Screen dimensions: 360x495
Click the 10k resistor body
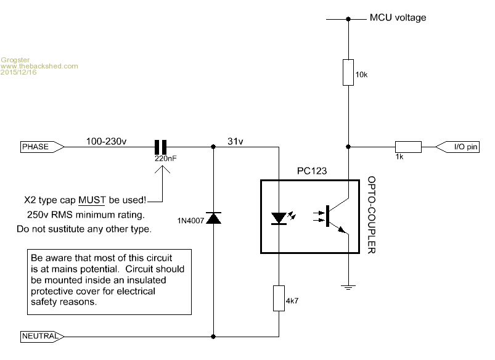click(x=348, y=72)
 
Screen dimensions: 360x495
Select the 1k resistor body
click(x=408, y=147)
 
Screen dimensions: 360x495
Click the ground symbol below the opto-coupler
click(x=348, y=286)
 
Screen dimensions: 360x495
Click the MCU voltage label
click(x=397, y=18)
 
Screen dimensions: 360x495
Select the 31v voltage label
click(x=235, y=141)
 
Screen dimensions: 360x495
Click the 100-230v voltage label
click(x=107, y=141)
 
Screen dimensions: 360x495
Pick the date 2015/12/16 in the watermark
click(x=19, y=72)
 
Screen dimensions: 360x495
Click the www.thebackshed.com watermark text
click(x=39, y=65)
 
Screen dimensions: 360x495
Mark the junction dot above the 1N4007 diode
click(x=213, y=147)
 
